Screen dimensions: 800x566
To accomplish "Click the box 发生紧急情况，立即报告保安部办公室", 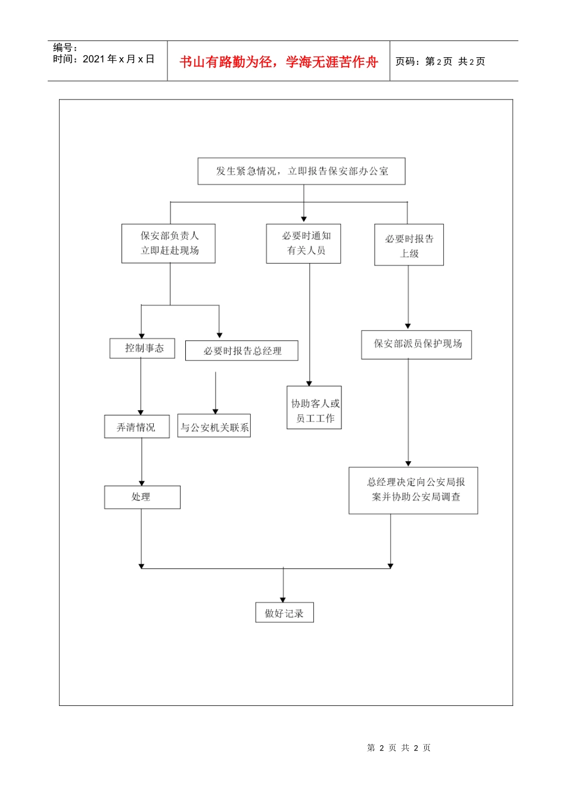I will (301, 171).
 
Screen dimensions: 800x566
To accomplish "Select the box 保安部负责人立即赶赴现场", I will (169, 243).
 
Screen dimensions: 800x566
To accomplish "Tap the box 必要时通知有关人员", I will (304, 243).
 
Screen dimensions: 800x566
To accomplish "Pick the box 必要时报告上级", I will (409, 245).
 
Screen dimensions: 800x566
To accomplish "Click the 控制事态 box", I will (142, 348).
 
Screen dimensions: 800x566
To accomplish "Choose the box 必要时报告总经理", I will (242, 351).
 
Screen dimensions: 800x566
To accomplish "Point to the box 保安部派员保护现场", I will (416, 344).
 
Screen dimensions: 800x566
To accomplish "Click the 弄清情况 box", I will (136, 427).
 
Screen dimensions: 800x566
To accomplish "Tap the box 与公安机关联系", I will (214, 426).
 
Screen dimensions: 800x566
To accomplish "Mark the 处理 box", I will (142, 497).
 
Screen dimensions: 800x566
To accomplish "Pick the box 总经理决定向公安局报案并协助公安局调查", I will (413, 490).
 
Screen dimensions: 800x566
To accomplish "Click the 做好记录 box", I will (284, 613).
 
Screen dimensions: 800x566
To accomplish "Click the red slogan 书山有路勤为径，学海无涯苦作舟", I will (279, 62).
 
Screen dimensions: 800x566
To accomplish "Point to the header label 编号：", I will (65, 48).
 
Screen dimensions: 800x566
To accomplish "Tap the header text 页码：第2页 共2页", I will (441, 62).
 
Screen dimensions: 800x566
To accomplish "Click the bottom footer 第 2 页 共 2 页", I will (399, 748).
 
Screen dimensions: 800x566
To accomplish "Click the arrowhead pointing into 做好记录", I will (283, 600).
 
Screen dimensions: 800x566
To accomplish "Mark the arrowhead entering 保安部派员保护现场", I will (408, 326).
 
